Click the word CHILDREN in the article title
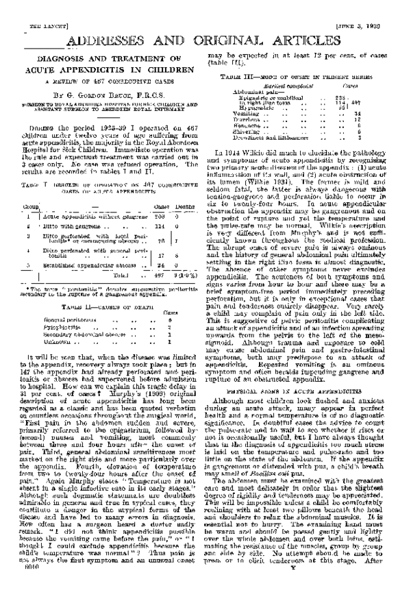163,70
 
